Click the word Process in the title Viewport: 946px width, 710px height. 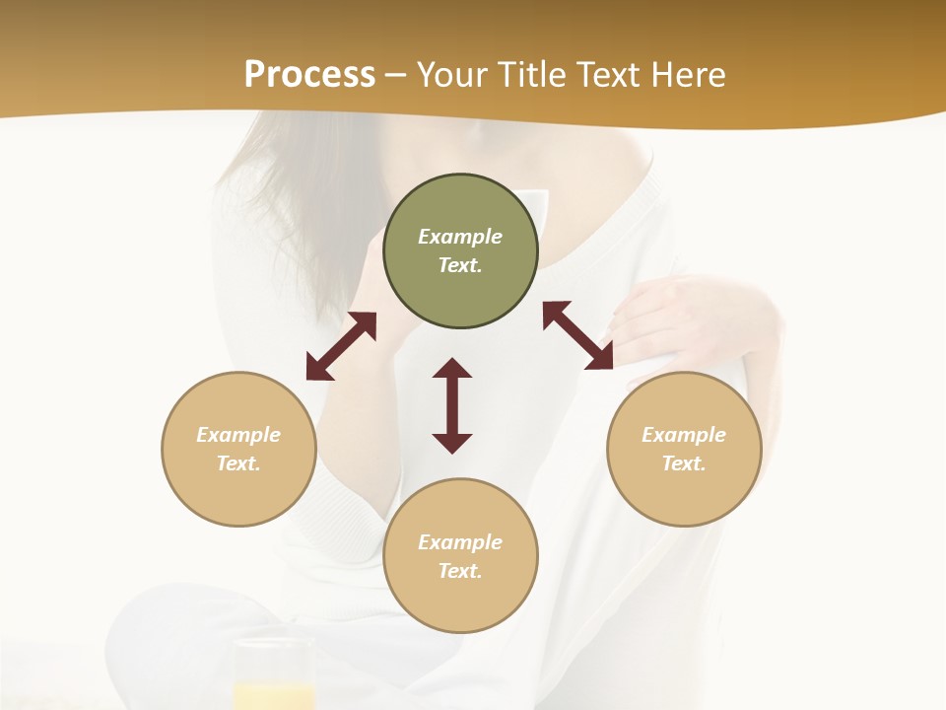[x=309, y=75]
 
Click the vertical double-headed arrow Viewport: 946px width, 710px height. [x=452, y=405]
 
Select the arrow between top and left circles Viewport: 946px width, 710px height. [x=341, y=346]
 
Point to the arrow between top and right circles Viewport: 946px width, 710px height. [x=577, y=335]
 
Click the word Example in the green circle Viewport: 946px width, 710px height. [x=460, y=237]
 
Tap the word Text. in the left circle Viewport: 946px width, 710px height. [x=238, y=463]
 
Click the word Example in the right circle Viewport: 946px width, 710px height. [x=684, y=435]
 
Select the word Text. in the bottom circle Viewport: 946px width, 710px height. [x=460, y=571]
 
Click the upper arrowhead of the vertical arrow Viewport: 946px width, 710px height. [x=452, y=369]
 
